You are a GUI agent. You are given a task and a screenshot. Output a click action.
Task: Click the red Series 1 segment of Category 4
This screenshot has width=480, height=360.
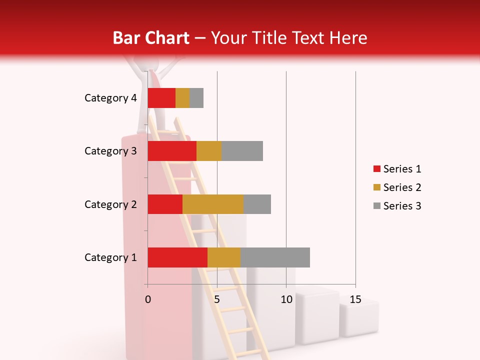click(161, 98)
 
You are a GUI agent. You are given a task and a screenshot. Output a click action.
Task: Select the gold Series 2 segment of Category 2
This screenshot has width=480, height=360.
click(213, 204)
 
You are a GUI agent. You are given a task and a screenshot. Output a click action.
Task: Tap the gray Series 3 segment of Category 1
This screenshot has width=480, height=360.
click(275, 257)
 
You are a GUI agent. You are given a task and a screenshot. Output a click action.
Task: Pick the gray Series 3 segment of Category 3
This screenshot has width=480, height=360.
click(242, 151)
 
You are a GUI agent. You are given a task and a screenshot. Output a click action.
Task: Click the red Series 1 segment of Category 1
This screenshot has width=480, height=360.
click(177, 257)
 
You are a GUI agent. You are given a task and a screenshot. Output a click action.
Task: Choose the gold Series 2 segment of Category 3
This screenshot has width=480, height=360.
click(209, 151)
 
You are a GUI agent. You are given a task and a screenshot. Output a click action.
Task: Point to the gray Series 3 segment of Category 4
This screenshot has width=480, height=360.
click(196, 98)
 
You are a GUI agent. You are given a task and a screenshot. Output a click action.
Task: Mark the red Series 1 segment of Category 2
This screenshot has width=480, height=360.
click(165, 204)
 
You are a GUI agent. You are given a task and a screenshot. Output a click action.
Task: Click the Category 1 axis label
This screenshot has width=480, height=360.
click(110, 257)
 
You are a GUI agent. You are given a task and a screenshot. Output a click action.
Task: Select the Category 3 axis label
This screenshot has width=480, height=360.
click(110, 151)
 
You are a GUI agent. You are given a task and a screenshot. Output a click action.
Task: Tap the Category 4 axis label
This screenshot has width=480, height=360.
click(110, 98)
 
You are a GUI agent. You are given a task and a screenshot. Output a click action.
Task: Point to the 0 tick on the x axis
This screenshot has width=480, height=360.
click(148, 299)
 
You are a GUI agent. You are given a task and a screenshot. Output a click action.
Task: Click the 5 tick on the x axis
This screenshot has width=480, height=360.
click(217, 299)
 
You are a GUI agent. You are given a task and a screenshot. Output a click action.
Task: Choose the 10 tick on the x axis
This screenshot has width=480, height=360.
click(286, 299)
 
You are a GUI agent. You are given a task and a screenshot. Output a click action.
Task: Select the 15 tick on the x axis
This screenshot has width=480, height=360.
click(355, 299)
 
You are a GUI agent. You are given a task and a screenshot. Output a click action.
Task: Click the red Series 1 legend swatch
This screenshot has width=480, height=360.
click(376, 169)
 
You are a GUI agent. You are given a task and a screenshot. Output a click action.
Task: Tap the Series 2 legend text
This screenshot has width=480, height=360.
click(402, 187)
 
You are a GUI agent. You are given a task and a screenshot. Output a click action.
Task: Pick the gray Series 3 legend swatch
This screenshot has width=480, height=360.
click(376, 206)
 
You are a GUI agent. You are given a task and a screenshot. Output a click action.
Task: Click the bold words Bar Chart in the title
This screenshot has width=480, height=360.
click(151, 38)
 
